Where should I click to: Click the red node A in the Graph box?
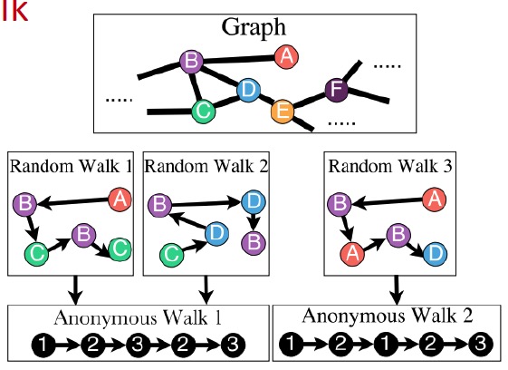[286, 57]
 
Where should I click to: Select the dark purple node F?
[337, 90]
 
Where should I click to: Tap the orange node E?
[283, 112]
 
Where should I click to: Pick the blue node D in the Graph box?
[248, 90]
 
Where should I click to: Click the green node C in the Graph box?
[203, 112]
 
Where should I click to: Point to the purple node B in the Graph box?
[191, 62]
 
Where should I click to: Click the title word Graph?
[254, 28]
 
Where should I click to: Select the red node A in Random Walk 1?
[120, 200]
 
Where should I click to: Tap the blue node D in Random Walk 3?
[435, 254]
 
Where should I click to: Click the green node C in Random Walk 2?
[172, 255]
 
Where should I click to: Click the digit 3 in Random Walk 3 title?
[446, 166]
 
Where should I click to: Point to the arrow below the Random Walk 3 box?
[397, 290]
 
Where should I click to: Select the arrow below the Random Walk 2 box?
[206, 290]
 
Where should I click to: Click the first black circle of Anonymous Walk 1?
[43, 345]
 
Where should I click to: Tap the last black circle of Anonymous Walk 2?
[481, 344]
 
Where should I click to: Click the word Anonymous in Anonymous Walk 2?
[344, 316]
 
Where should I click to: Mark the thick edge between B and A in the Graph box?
[239, 59]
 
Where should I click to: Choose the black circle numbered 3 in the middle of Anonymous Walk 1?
[138, 345]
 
